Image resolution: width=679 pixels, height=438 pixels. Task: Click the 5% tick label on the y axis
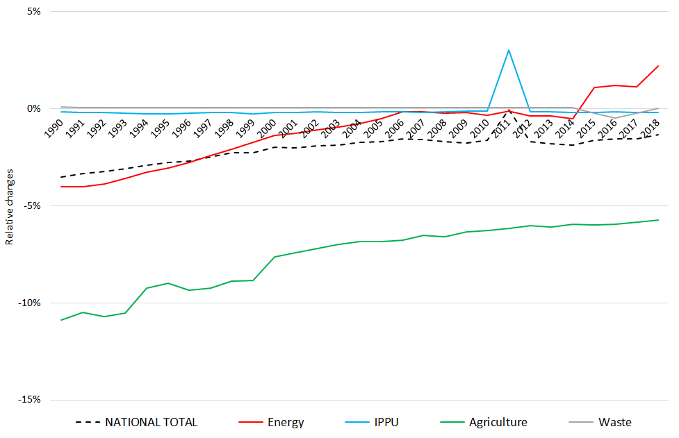coord(34,12)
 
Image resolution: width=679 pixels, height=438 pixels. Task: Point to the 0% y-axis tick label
coord(34,109)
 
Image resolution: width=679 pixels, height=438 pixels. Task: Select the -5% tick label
coord(33,206)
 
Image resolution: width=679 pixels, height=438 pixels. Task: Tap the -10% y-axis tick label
coord(31,303)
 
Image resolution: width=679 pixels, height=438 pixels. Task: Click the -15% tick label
coord(31,400)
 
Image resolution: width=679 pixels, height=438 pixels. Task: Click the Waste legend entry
coord(614,422)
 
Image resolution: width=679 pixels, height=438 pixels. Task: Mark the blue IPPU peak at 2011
coord(509,50)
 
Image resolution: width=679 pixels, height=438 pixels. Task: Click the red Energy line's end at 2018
coord(658,66)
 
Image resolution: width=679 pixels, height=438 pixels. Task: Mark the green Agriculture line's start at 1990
coord(61,320)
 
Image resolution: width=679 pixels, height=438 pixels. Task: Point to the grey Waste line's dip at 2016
coord(615,118)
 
